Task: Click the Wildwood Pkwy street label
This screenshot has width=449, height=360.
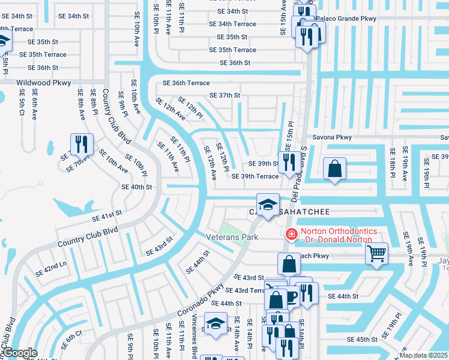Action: pyautogui.click(x=44, y=82)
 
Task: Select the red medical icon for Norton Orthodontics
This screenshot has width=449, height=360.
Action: pyautogui.click(x=292, y=234)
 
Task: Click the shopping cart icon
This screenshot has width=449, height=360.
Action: pyautogui.click(x=376, y=253)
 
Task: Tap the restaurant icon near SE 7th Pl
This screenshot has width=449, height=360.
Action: pyautogui.click(x=81, y=144)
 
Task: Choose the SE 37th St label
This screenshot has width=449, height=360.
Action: pyautogui.click(x=224, y=95)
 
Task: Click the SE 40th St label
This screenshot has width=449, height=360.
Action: pyautogui.click(x=136, y=187)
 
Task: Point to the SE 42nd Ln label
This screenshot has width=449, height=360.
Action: pyautogui.click(x=51, y=268)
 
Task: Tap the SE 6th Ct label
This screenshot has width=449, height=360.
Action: pyautogui.click(x=70, y=340)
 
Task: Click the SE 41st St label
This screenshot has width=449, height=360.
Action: pyautogui.click(x=106, y=214)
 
